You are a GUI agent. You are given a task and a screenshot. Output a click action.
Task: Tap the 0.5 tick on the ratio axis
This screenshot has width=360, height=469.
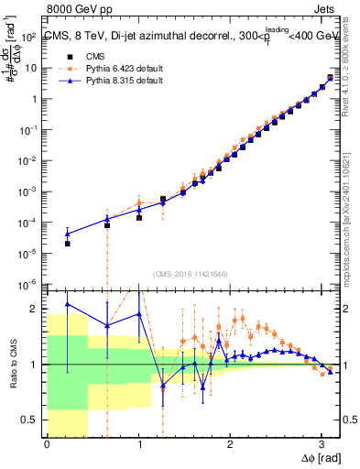[x=31, y=420]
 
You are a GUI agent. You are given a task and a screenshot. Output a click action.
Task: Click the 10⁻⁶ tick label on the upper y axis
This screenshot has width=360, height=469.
[x=27, y=284]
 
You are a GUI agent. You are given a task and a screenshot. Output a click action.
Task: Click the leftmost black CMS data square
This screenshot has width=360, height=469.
[x=67, y=244]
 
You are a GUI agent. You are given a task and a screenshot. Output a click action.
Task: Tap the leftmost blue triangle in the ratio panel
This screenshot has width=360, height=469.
[x=67, y=304]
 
